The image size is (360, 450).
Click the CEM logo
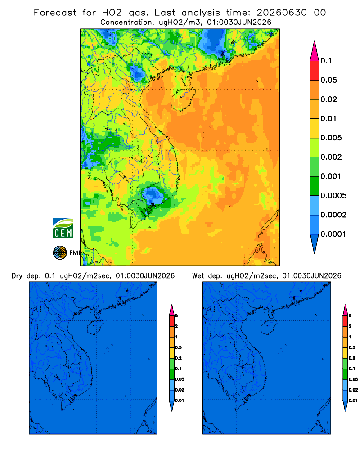click(63, 229)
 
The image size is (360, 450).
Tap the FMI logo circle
click(60, 253)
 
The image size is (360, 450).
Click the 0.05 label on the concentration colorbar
click(328, 80)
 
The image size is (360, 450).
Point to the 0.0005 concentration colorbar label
click(333, 196)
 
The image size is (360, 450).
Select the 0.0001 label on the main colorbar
click(333, 234)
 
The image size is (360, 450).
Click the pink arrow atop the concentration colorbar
click(315, 51)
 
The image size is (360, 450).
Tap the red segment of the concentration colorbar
click(315, 71)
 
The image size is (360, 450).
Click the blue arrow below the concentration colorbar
click(315, 243)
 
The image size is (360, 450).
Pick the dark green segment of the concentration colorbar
click(315, 186)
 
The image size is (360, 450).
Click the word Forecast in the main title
click(55, 13)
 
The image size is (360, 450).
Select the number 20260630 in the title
click(282, 13)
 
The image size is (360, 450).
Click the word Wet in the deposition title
click(198, 276)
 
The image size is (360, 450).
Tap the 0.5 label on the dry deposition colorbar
click(178, 347)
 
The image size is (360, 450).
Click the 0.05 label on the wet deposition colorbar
click(353, 379)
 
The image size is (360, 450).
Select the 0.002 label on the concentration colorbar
click(331, 157)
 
